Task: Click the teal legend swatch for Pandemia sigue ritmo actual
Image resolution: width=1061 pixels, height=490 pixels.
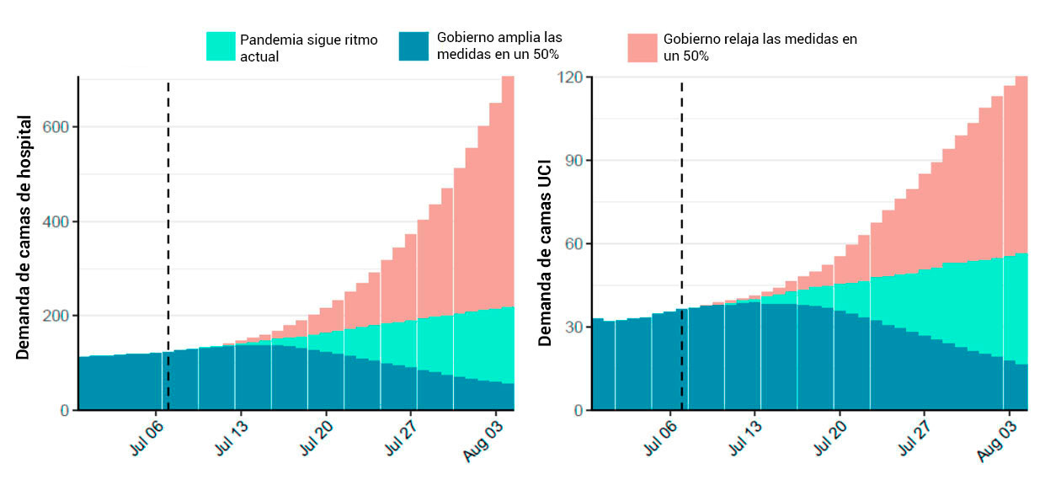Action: tap(221, 46)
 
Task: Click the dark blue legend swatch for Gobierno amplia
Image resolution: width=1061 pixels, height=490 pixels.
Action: tap(413, 46)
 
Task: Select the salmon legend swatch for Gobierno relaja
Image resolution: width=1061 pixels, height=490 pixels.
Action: tap(642, 47)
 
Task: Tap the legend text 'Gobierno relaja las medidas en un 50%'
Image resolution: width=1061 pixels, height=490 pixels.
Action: tap(760, 47)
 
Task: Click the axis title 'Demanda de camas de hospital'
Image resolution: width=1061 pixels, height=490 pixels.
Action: tap(24, 237)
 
